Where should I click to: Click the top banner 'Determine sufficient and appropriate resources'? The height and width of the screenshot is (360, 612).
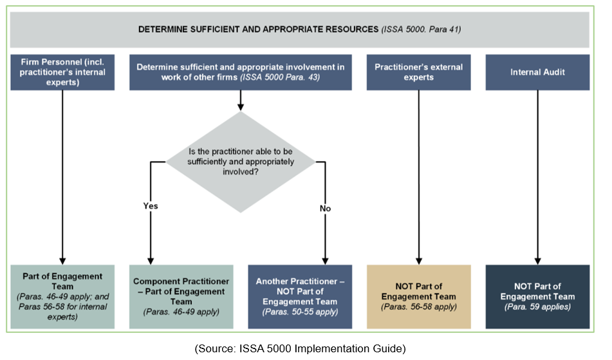[x=299, y=30]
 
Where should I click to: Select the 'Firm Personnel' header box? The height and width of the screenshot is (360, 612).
[x=62, y=72]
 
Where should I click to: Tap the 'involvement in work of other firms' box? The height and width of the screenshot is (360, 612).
[x=240, y=72]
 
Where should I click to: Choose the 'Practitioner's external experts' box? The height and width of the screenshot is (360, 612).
[x=419, y=72]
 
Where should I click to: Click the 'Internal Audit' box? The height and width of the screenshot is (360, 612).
[x=537, y=72]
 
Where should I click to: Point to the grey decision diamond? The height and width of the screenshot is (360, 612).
[x=241, y=162]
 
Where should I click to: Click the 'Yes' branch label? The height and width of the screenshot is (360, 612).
[x=150, y=206]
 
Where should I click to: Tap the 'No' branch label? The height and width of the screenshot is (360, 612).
[x=325, y=208]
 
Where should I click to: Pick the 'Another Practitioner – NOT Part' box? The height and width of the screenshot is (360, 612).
[x=300, y=296]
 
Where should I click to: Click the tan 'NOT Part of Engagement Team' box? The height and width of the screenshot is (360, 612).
[x=419, y=296]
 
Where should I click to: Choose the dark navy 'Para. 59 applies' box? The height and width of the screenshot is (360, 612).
[x=537, y=296]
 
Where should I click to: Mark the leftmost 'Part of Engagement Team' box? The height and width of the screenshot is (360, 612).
[x=62, y=296]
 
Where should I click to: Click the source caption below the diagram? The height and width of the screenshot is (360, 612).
[x=300, y=348]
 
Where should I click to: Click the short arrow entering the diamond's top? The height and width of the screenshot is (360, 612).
[x=241, y=100]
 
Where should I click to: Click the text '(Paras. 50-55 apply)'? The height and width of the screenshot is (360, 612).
[x=300, y=312]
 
